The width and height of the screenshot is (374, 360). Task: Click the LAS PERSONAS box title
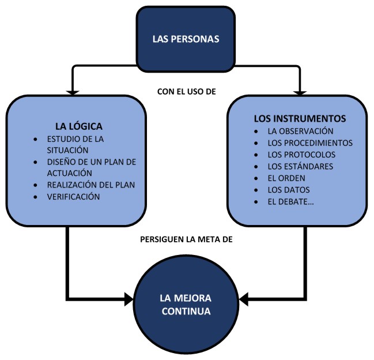coord(186,39)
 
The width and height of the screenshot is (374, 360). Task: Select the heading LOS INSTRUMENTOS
coord(300,118)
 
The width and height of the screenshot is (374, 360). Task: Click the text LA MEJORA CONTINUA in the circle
coord(186,305)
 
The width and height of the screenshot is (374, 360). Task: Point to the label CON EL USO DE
coord(186,91)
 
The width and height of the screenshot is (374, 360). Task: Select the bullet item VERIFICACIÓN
coord(74,197)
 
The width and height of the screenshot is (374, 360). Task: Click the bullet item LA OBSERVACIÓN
coord(301,130)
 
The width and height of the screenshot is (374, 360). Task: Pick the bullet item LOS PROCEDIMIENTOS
coord(310,142)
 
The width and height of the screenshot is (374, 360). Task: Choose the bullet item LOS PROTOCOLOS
coord(301,155)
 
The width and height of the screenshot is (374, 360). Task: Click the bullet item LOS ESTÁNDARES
coord(300,166)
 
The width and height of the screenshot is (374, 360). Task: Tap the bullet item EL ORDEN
coord(286,178)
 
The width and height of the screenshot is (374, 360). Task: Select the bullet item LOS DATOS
coord(289,189)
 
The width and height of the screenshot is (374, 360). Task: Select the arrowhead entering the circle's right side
coord(244,299)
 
